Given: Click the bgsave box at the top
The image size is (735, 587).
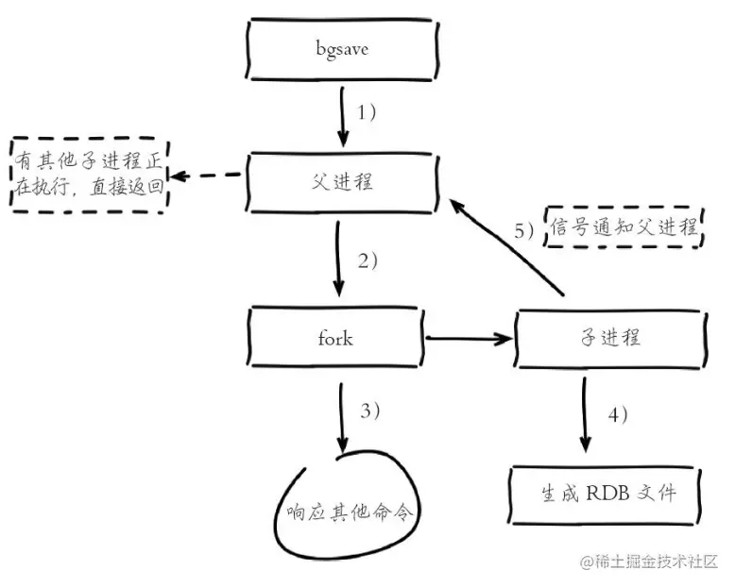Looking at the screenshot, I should pyautogui.click(x=341, y=48).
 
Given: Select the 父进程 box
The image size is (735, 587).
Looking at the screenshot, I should pyautogui.click(x=341, y=182).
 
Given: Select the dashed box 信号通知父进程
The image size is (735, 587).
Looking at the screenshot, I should pyautogui.click(x=624, y=226).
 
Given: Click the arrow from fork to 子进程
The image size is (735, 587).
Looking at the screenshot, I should pyautogui.click(x=469, y=337).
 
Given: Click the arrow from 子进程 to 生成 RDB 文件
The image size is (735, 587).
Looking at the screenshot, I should pyautogui.click(x=585, y=411).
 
